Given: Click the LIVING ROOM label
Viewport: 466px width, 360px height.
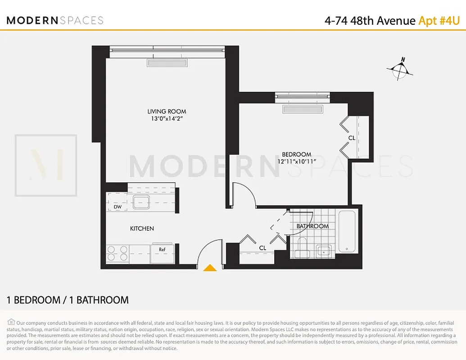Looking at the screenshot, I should coord(167,111).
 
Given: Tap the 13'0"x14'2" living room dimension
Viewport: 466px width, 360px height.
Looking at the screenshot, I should coord(167,119).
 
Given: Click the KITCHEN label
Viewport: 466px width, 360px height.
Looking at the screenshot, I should coord(142,229).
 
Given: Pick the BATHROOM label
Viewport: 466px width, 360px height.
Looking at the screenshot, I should coord(312,226).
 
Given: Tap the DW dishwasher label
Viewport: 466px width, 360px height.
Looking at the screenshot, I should coord(118,207).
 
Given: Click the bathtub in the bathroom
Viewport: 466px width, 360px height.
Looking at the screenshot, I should coord(347,232).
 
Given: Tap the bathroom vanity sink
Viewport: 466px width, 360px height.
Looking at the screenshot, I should coord(324,250).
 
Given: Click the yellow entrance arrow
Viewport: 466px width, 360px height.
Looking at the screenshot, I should coord(210,268).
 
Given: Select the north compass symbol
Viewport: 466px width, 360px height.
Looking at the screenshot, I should coord(399,69).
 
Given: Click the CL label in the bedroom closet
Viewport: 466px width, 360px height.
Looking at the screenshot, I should coord(352,138).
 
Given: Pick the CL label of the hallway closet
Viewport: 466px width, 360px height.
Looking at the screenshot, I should coord(262,248).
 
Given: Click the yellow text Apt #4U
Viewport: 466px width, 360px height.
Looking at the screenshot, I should coord(439,21).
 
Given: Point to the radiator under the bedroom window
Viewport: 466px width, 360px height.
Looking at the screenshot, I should coord(303,109).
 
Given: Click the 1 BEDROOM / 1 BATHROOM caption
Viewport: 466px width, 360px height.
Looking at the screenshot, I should coord(68,300).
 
